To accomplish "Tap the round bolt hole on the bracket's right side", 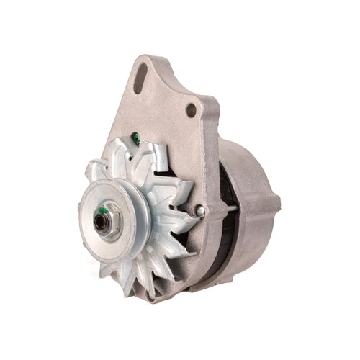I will (x=191, y=111).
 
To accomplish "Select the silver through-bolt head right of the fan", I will (x=201, y=210).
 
